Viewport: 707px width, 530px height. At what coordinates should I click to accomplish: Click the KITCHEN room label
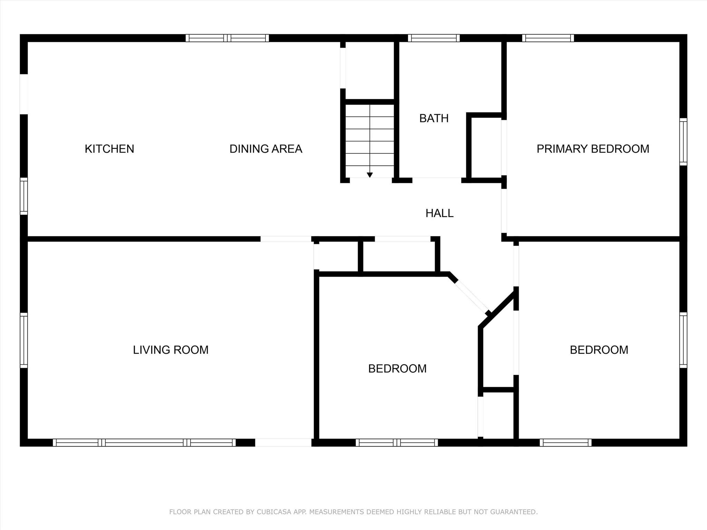click(x=109, y=149)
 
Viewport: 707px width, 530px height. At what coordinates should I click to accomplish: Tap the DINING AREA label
click(x=266, y=149)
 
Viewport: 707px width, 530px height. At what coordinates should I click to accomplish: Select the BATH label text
click(x=434, y=118)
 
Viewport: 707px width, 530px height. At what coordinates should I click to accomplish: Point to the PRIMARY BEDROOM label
click(x=593, y=149)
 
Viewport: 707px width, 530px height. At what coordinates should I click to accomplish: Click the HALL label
click(x=439, y=213)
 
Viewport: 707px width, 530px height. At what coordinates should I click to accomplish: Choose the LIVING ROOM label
click(x=171, y=350)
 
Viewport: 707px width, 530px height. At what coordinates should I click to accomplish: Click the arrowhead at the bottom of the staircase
click(x=370, y=175)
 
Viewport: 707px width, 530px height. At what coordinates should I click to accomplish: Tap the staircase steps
click(x=370, y=141)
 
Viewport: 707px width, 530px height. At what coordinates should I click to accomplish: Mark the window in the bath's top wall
click(x=434, y=38)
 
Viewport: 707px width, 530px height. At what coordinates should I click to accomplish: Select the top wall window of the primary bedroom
click(x=548, y=38)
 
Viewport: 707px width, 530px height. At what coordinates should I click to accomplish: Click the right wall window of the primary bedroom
click(x=683, y=142)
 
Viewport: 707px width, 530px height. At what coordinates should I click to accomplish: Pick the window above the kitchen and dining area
click(x=227, y=38)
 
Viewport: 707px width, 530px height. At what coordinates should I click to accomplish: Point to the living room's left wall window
click(x=24, y=340)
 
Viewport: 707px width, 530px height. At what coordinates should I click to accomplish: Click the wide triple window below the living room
click(x=144, y=443)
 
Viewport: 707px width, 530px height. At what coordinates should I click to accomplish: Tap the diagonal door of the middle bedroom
click(x=472, y=297)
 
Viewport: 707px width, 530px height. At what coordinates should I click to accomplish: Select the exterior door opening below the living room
click(x=283, y=443)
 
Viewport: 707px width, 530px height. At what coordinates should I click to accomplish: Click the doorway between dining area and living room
click(x=286, y=239)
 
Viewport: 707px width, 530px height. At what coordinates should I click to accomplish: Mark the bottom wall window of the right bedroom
click(x=565, y=443)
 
